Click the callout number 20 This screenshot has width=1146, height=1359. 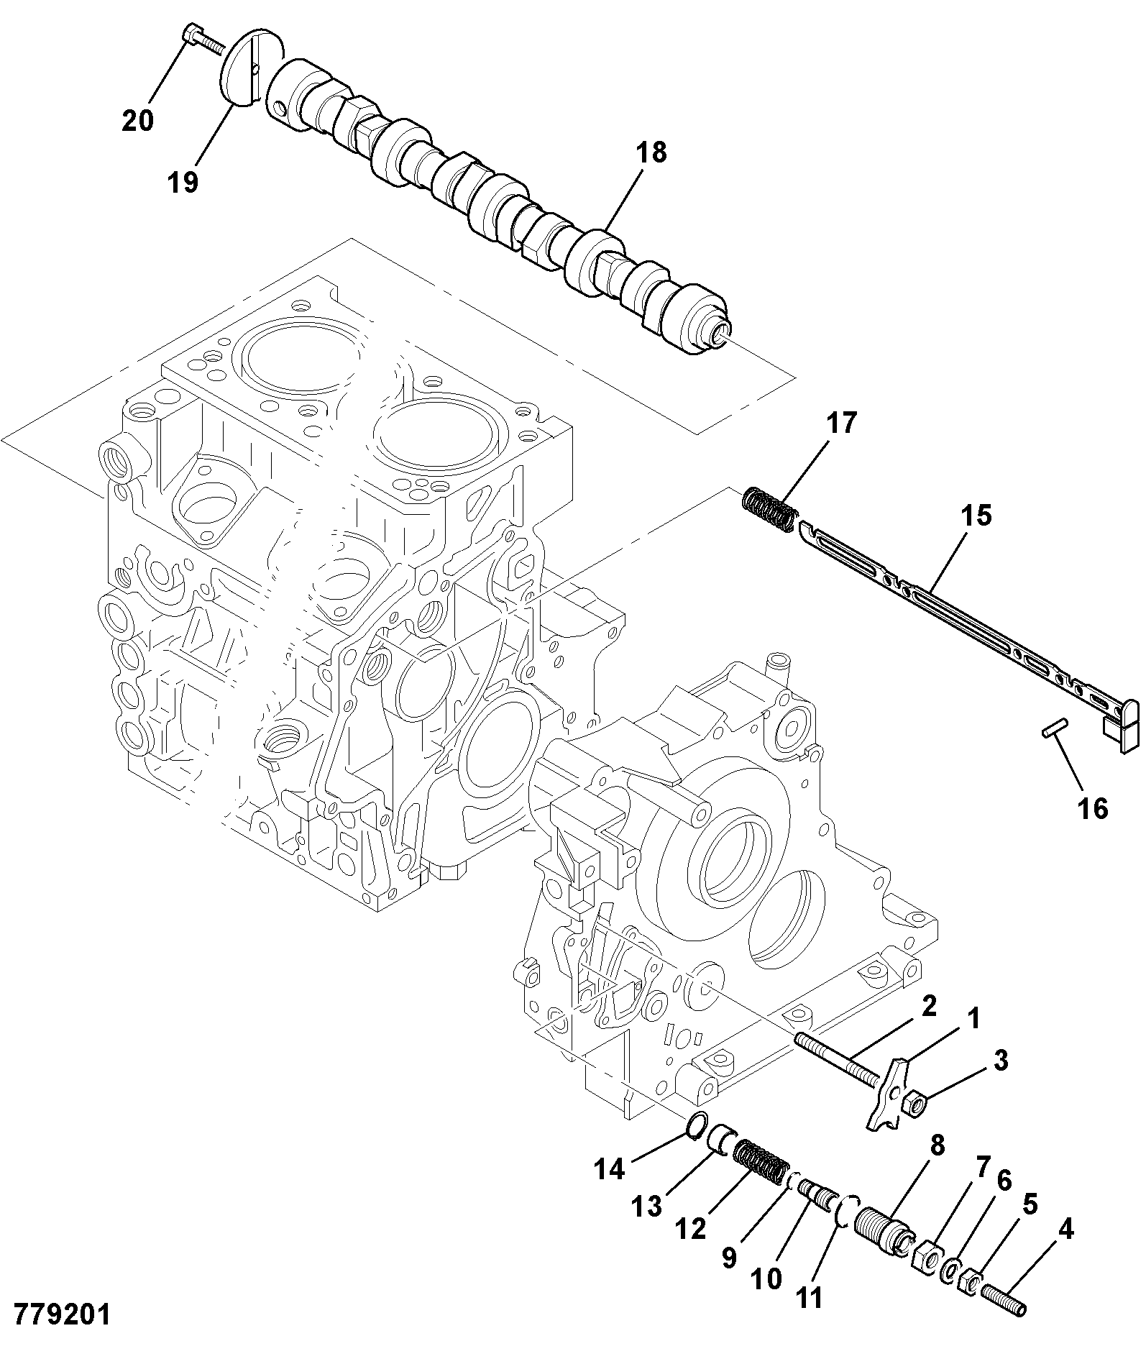click(138, 120)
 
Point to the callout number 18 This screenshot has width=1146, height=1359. click(651, 153)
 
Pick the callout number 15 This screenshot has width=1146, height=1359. click(976, 516)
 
